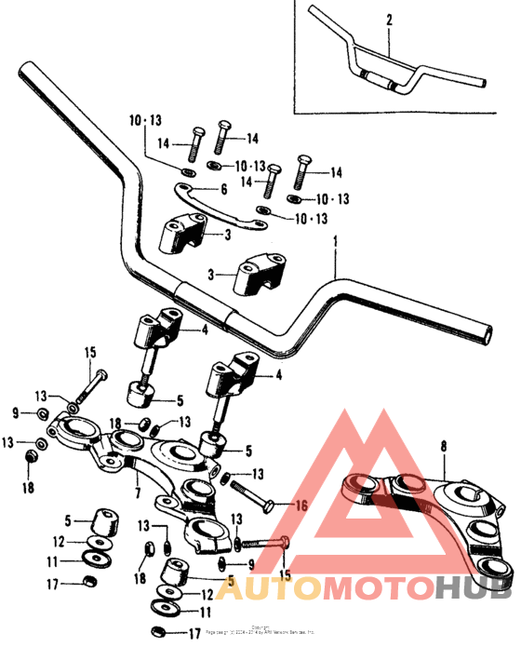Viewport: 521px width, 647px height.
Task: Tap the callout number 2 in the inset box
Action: [389, 20]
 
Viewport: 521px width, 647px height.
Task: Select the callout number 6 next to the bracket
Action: [223, 189]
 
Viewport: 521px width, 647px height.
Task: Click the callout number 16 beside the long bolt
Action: [300, 505]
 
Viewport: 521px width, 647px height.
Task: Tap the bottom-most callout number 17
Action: [194, 635]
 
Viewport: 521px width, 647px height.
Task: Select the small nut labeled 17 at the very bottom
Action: [159, 633]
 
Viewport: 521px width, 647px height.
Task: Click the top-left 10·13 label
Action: [145, 121]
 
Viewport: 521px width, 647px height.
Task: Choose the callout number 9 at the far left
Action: [16, 411]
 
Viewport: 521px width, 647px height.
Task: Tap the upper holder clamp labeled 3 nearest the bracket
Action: [184, 235]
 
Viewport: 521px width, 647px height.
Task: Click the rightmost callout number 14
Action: [336, 173]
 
